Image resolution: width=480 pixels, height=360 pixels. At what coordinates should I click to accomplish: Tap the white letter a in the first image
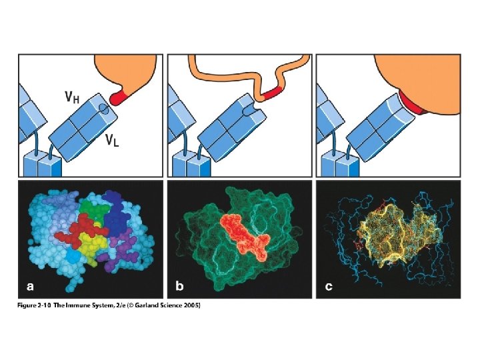click(29, 287)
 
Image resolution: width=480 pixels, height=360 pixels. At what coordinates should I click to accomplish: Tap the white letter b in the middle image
click(179, 287)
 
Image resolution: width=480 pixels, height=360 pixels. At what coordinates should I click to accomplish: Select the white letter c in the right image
click(328, 287)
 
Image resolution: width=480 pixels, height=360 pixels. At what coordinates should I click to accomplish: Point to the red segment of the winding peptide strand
click(272, 92)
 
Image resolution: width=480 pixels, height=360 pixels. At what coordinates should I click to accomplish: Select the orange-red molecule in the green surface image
click(244, 235)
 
